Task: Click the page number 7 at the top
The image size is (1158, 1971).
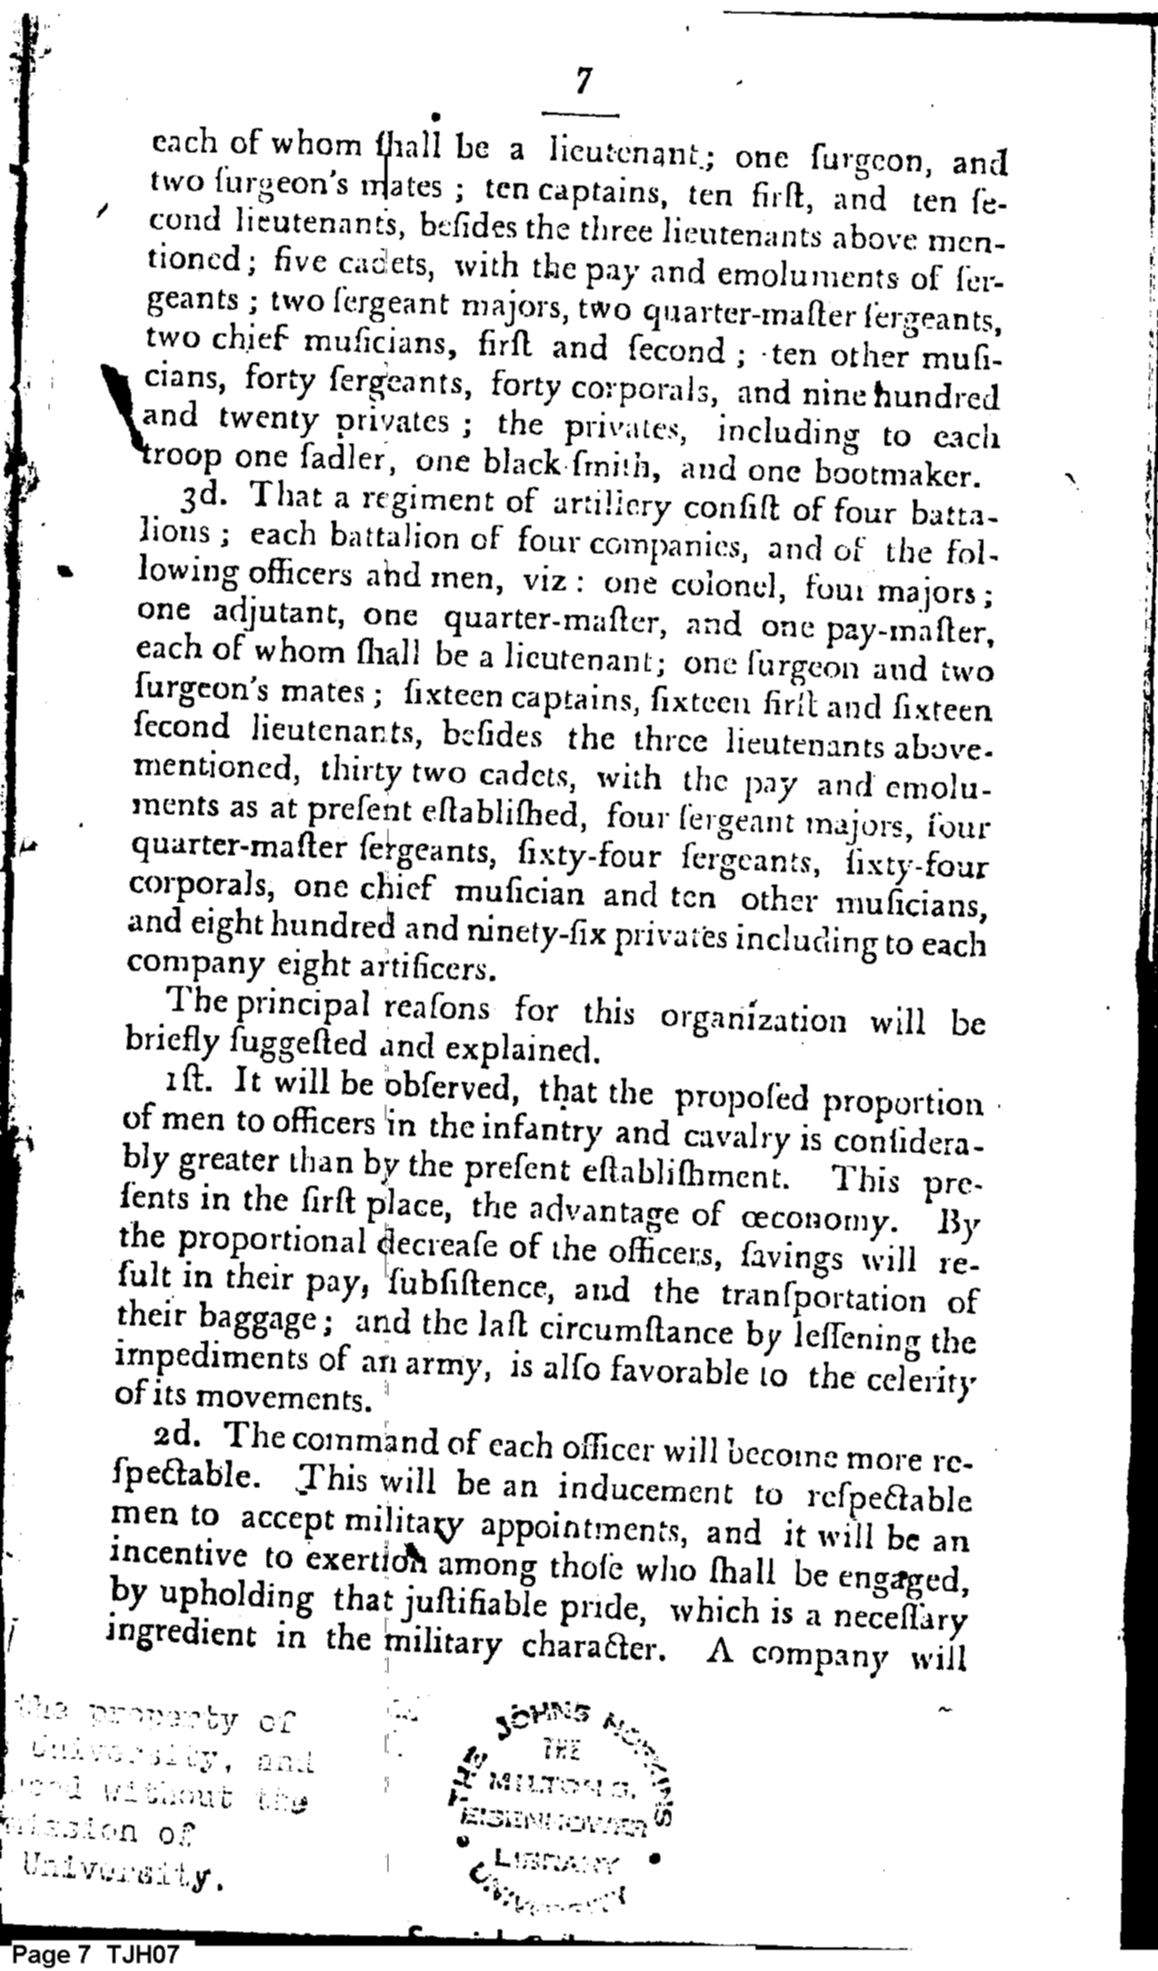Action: tap(583, 82)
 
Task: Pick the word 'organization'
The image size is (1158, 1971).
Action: tap(753, 1019)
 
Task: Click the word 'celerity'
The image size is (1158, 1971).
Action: tap(928, 1379)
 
